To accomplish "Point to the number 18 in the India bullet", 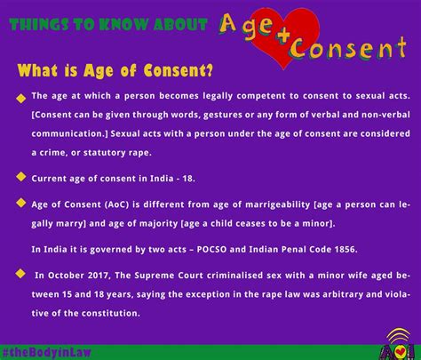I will pyautogui.click(x=187, y=179).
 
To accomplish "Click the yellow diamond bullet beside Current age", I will pyautogui.click(x=20, y=177).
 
